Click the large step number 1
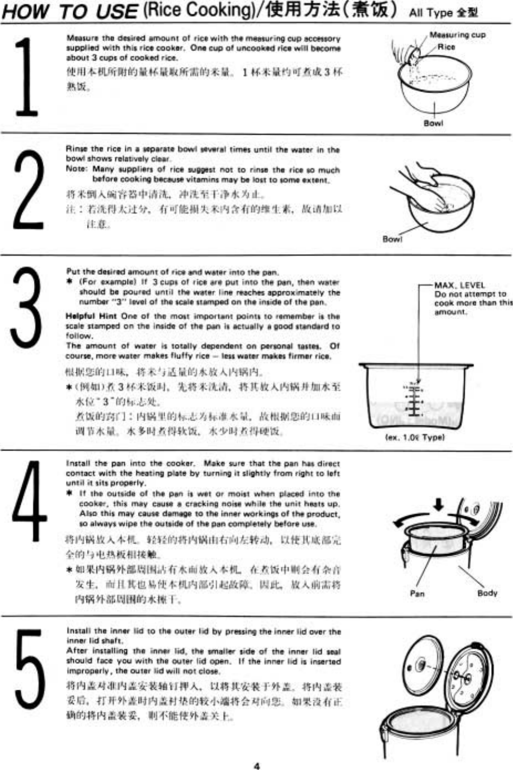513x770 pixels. coord(27,78)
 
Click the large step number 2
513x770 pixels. coord(28,189)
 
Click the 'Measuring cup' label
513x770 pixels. coord(457,35)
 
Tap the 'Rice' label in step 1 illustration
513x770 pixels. coord(446,47)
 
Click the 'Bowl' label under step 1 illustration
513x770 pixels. coord(433,123)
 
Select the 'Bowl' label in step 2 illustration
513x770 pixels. coord(392,239)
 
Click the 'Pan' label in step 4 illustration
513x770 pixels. coord(417,593)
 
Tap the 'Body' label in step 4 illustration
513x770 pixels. coord(487,593)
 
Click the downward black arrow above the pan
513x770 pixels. coord(438,504)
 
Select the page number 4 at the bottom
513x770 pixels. coord(257,766)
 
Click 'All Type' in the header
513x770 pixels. coord(431,13)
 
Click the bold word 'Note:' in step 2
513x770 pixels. coord(76,169)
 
